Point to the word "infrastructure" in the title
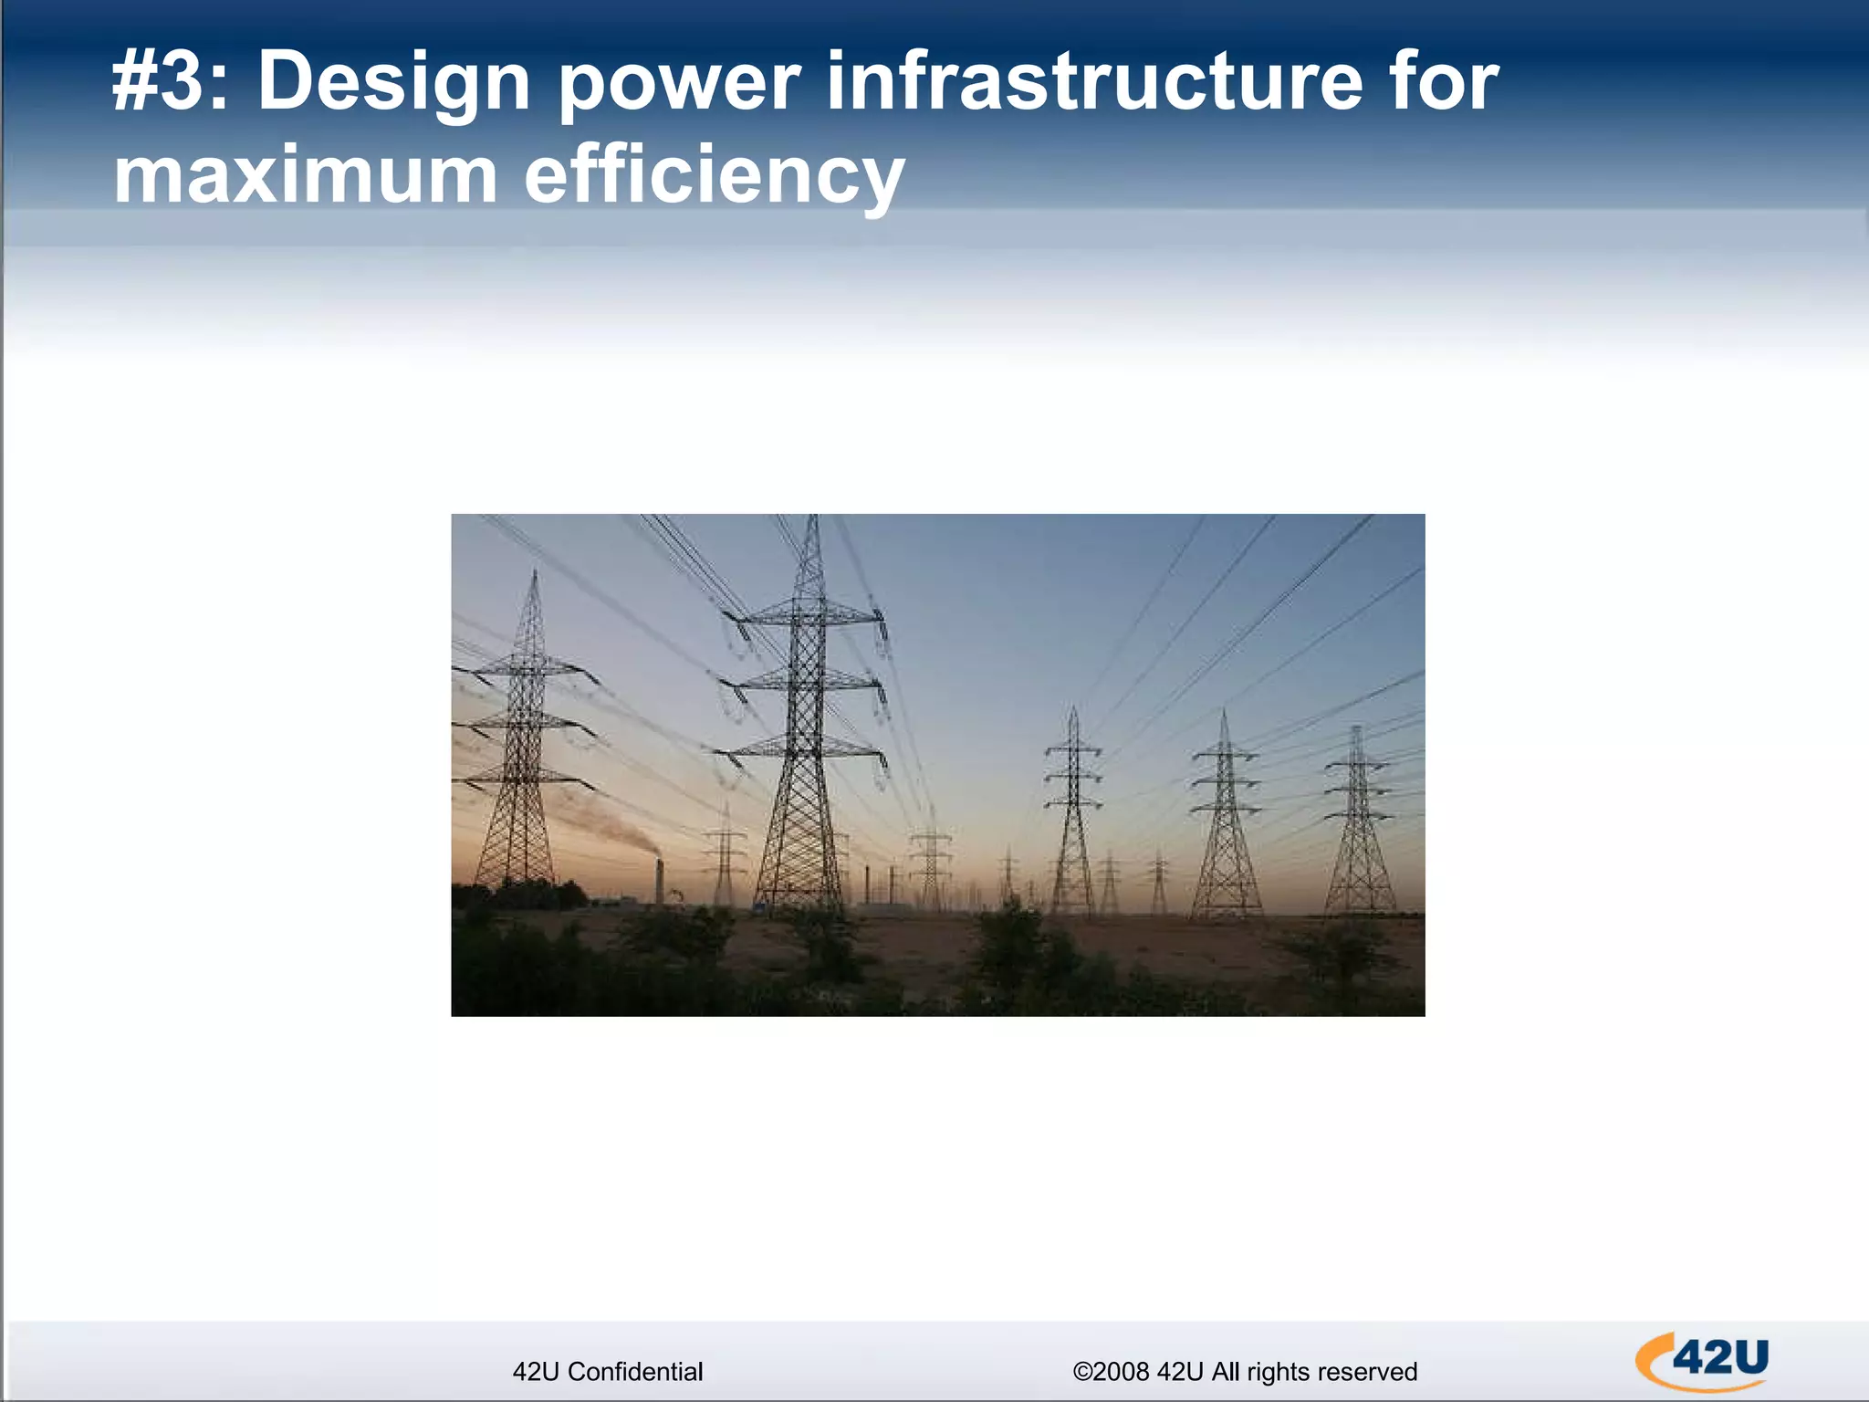click(x=1094, y=82)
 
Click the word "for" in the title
click(x=1446, y=82)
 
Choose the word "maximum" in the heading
click(x=305, y=175)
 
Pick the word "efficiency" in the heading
click(x=714, y=177)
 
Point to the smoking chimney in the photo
click(x=659, y=881)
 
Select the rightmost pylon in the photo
click(x=1359, y=821)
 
